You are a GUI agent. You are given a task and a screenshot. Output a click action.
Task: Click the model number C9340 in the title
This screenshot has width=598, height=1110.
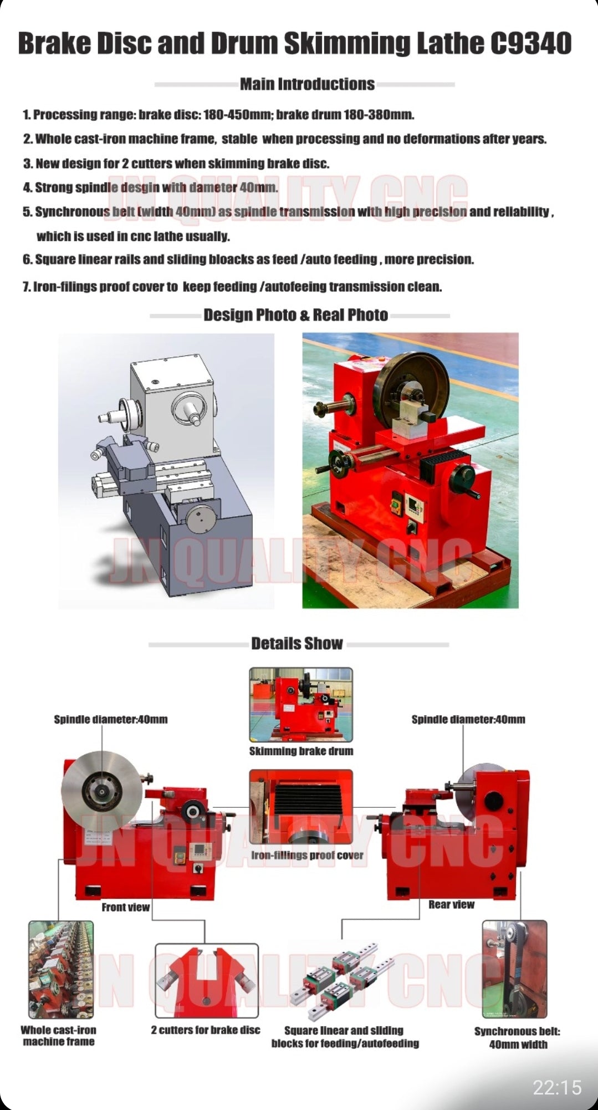531,44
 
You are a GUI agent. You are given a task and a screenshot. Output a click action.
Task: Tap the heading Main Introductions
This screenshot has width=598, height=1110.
307,84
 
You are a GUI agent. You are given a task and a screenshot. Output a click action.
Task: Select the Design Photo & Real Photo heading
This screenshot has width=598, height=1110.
295,315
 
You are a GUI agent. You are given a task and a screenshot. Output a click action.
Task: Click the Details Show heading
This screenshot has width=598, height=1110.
297,643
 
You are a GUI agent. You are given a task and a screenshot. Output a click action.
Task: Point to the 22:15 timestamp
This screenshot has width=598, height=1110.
557,1087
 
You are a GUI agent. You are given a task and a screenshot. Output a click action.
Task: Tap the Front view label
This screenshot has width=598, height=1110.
125,907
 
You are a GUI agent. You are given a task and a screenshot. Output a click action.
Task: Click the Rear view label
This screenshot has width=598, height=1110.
451,904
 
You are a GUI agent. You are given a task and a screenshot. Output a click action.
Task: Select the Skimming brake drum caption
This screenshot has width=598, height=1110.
301,751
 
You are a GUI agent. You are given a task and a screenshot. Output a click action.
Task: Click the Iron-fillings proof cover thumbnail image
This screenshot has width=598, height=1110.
301,807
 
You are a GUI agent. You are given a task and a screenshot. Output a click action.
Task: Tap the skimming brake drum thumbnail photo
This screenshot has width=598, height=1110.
301,705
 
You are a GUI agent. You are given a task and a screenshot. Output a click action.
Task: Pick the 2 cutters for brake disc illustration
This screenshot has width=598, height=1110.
207,981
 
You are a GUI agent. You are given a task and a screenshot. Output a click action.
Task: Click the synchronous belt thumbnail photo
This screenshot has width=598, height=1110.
515,970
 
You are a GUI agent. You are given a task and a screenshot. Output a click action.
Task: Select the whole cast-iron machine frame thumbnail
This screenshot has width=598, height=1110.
61,970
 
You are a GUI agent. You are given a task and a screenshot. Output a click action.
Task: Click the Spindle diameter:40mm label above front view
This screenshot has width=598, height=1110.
111,720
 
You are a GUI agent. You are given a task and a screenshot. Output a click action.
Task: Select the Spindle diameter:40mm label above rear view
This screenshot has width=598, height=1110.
468,720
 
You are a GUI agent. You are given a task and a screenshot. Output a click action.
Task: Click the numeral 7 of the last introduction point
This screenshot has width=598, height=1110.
25,287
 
